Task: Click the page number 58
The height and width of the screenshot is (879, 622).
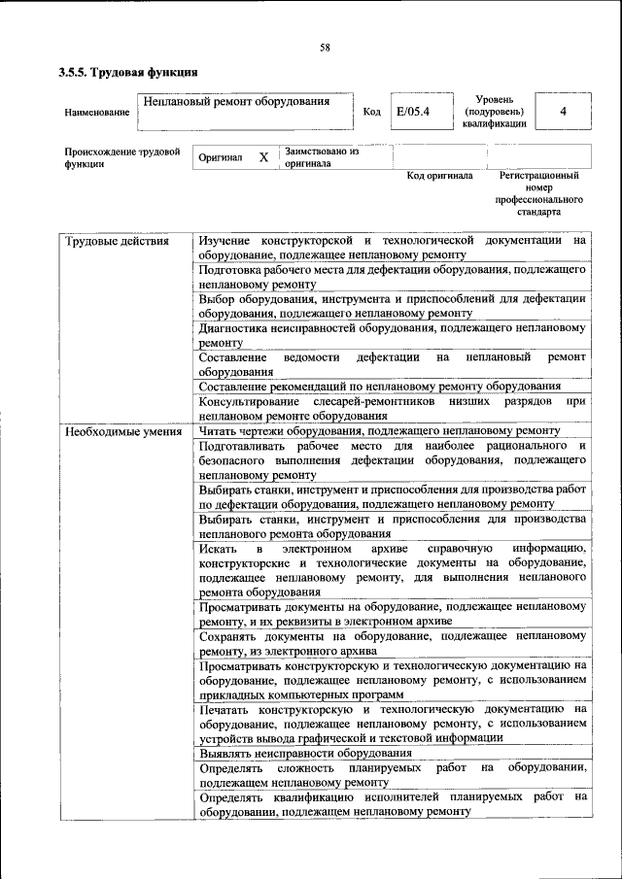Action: coord(325,48)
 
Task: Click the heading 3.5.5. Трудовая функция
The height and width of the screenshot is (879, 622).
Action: coord(128,72)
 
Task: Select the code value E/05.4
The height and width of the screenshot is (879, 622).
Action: coord(412,112)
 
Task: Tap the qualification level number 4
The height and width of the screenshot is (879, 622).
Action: coord(563,112)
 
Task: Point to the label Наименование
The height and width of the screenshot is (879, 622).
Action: coord(97,113)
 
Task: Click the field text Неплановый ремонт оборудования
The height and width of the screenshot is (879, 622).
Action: coord(234,101)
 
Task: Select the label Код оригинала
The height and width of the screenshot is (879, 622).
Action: coord(439,176)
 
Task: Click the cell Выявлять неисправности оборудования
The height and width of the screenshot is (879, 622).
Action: coord(305,753)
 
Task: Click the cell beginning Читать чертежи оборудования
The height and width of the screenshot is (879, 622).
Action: coord(379,430)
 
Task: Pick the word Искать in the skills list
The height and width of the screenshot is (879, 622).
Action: coord(218,549)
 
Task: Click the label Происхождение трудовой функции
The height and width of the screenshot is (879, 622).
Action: coord(122,157)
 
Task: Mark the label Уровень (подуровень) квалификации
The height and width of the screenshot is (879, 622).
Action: coord(494,112)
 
